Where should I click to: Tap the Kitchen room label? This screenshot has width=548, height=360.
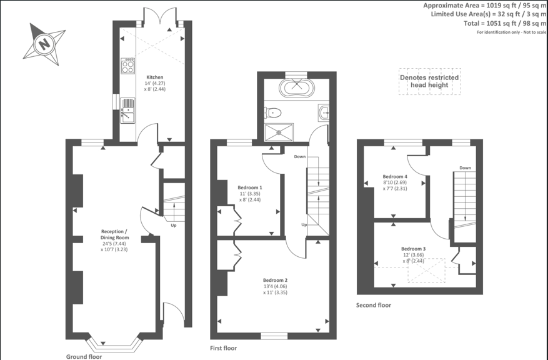pos(154,77)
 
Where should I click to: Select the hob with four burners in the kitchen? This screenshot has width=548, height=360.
pos(128,66)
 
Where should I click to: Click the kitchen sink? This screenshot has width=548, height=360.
pos(127,111)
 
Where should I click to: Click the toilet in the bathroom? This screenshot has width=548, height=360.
pos(273,113)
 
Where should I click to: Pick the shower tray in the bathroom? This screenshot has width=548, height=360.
pos(279,132)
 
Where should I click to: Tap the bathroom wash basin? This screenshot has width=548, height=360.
pos(324,113)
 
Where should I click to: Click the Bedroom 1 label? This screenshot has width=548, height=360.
pos(250,187)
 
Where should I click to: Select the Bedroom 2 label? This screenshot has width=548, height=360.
pos(276,280)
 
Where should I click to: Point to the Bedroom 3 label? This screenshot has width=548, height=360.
pos(414,249)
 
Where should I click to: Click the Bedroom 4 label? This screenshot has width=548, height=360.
pos(395,176)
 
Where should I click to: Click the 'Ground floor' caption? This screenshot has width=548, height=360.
pos(84,356)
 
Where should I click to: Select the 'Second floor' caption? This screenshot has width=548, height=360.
pos(374,305)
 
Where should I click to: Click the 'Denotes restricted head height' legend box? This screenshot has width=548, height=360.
pos(429,81)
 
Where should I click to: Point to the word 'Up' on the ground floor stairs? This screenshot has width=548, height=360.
pos(174,226)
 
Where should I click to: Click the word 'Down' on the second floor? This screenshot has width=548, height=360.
pos(465,167)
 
